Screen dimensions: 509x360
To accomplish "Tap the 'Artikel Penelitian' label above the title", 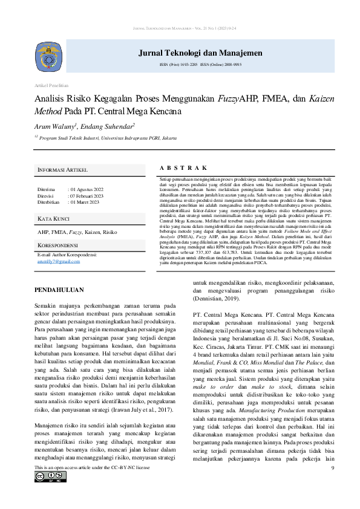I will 51,86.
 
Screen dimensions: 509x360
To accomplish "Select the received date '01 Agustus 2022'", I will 87,190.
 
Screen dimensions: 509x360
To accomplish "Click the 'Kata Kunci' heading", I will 53,218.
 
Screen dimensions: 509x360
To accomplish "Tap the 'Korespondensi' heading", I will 57,245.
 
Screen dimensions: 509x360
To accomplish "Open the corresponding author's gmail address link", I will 58,261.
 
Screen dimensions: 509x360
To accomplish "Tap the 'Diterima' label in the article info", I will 47,190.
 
